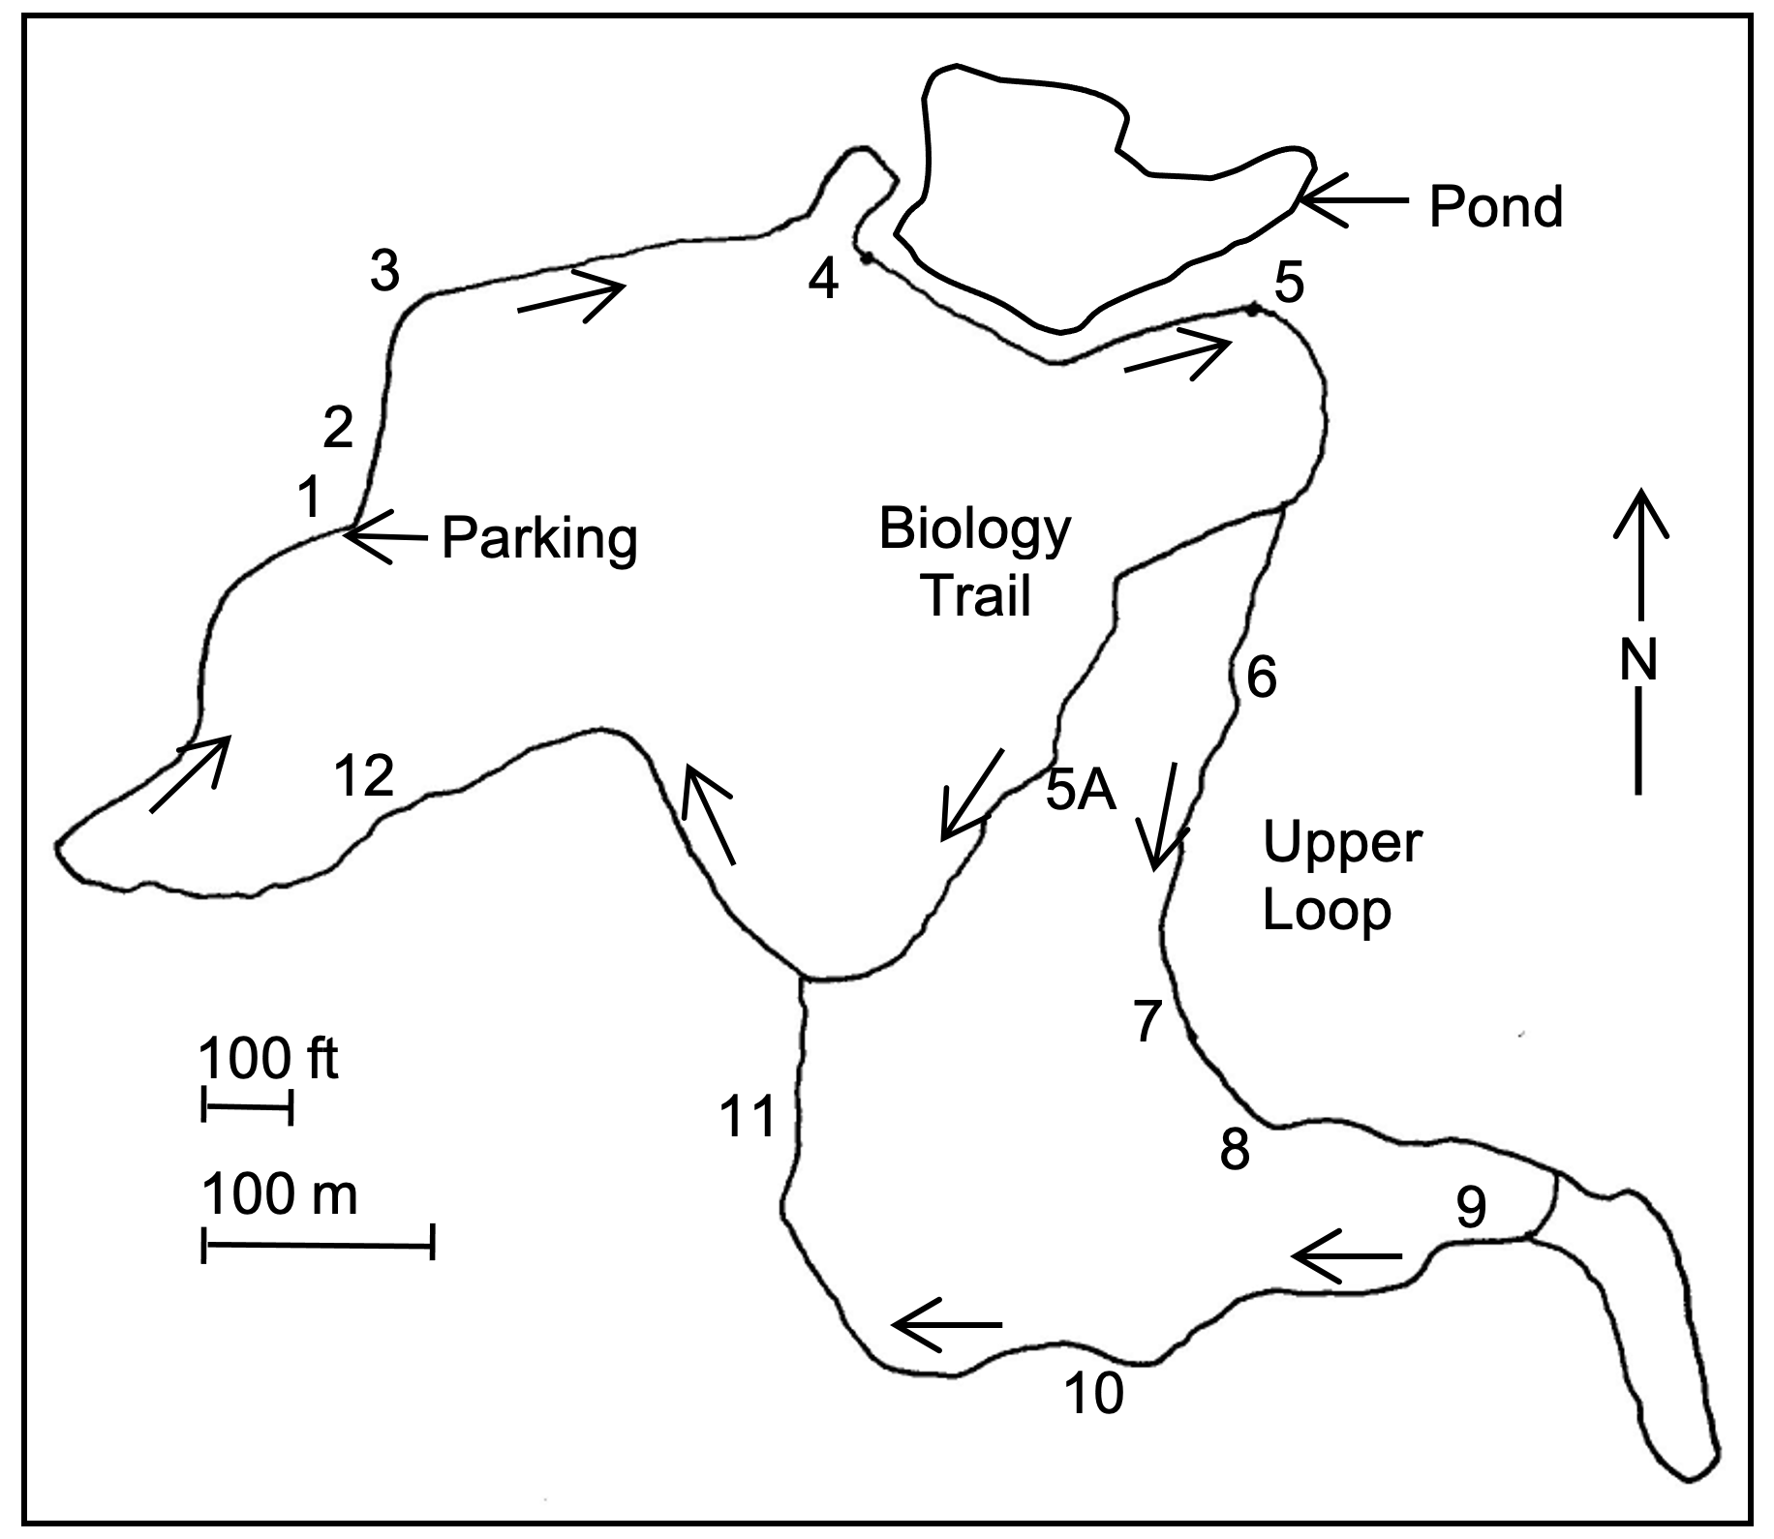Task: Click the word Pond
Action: pos(1495,207)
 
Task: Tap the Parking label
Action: pos(539,538)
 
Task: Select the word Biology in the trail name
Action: pos(974,530)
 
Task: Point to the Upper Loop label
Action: pos(1341,875)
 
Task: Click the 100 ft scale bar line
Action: pos(247,1103)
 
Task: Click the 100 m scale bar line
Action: pos(318,1242)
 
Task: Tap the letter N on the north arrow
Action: pos(1638,660)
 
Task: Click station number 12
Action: pos(364,774)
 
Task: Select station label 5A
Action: pos(1081,792)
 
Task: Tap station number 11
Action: pos(748,1115)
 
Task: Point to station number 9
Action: pos(1471,1207)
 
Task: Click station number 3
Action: pos(384,272)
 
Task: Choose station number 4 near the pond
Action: pos(823,281)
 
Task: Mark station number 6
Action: pos(1261,678)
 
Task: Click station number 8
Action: pos(1235,1151)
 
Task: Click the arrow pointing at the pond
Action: pos(1352,200)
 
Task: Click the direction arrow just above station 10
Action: pos(947,1323)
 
